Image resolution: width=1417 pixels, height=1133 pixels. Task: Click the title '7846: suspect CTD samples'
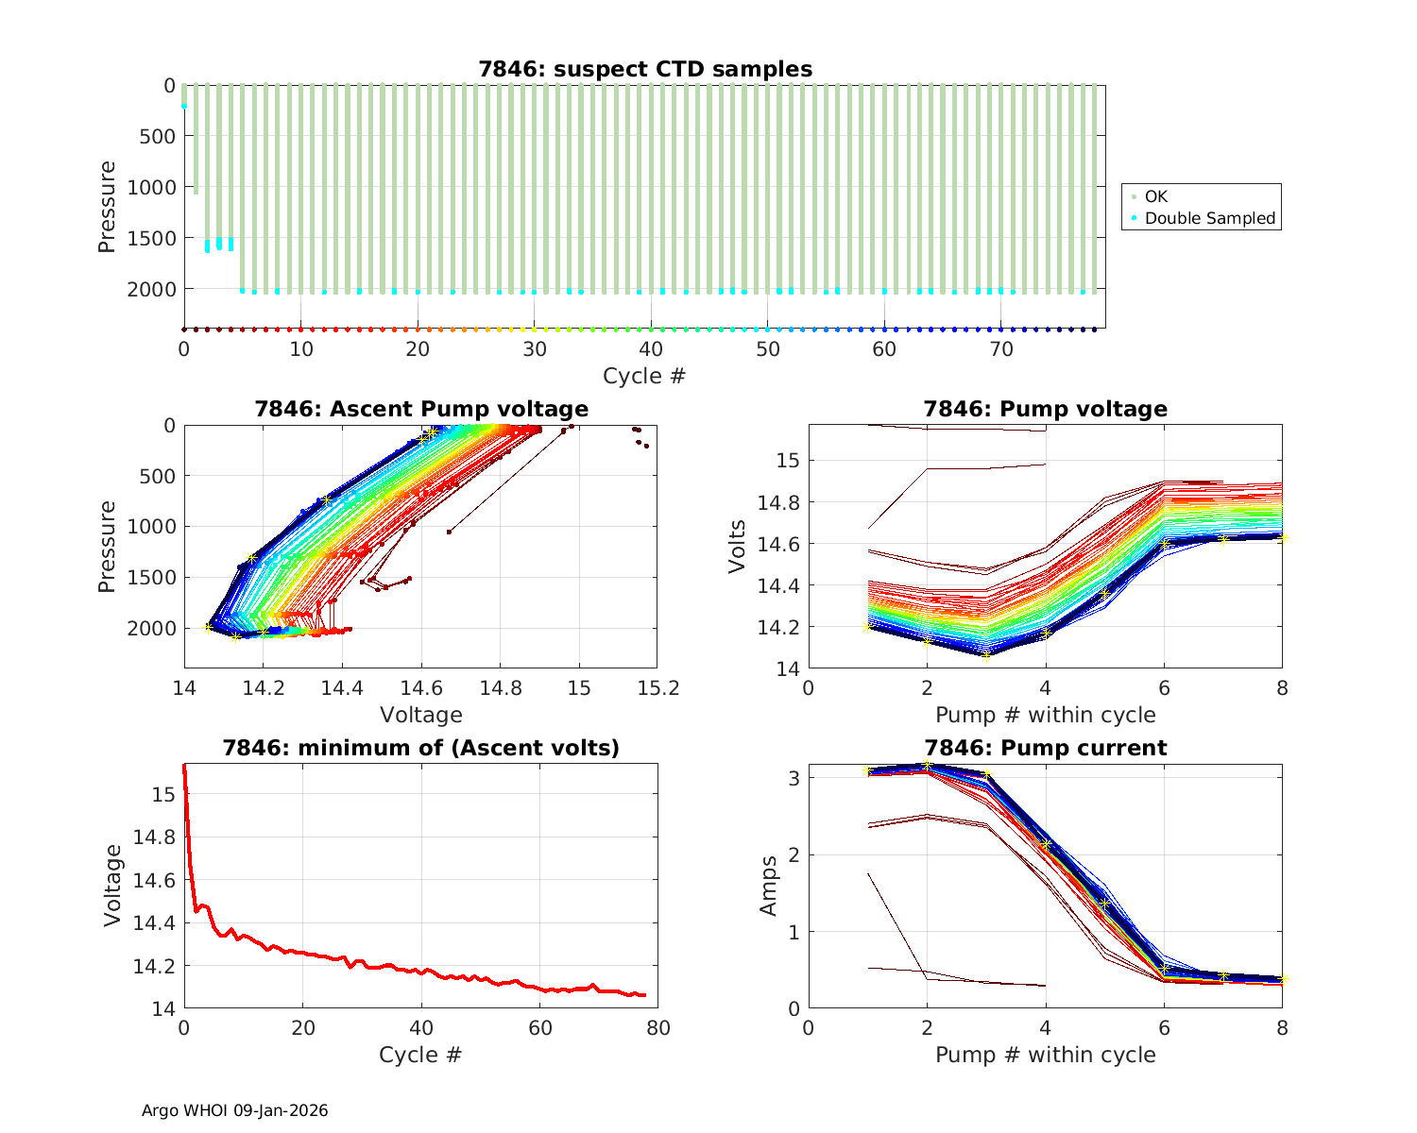[645, 69]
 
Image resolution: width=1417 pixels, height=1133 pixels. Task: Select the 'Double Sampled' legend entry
[1209, 218]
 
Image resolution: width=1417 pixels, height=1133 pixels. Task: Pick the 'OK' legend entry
[1155, 196]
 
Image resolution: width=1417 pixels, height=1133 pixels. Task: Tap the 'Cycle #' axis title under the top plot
[644, 376]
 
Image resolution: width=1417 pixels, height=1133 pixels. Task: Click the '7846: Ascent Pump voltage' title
[421, 409]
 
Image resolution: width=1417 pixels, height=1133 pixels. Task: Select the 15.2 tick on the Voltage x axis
[658, 689]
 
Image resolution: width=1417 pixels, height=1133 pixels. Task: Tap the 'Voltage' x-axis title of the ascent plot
[421, 715]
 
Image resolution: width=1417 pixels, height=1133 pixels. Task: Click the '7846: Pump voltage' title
[1045, 409]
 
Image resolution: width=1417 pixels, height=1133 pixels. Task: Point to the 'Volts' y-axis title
[738, 547]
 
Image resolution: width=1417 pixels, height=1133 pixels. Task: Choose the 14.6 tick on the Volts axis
[779, 544]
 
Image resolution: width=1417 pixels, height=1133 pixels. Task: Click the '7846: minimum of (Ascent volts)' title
[421, 748]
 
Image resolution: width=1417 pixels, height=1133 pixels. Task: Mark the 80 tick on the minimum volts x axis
[658, 1028]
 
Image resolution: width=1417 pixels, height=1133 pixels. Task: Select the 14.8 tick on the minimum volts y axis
[156, 837]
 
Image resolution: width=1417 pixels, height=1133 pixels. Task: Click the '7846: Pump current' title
[1045, 748]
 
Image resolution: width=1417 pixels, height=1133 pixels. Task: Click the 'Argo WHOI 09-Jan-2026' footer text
[234, 1110]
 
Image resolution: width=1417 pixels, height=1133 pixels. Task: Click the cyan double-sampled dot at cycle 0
[184, 106]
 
